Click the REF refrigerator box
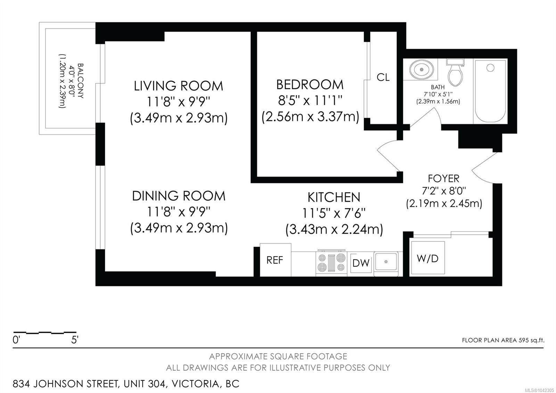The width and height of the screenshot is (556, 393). click(x=275, y=260)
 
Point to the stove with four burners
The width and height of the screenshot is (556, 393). click(x=332, y=263)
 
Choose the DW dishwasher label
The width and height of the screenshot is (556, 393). click(x=361, y=263)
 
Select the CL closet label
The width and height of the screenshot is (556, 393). click(x=383, y=78)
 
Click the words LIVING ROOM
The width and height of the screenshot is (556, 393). click(x=179, y=86)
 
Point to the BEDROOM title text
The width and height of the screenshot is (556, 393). click(x=310, y=85)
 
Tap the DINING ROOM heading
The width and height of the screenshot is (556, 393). click(x=179, y=196)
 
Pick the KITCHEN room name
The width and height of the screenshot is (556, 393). click(x=334, y=198)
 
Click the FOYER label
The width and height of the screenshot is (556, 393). click(x=443, y=178)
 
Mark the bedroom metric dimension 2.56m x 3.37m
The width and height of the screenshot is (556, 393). click(x=310, y=117)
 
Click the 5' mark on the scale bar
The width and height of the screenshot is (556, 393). click(x=75, y=340)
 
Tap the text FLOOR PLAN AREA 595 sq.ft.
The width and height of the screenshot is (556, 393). click(x=503, y=340)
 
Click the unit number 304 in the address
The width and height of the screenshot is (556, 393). click(x=157, y=384)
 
